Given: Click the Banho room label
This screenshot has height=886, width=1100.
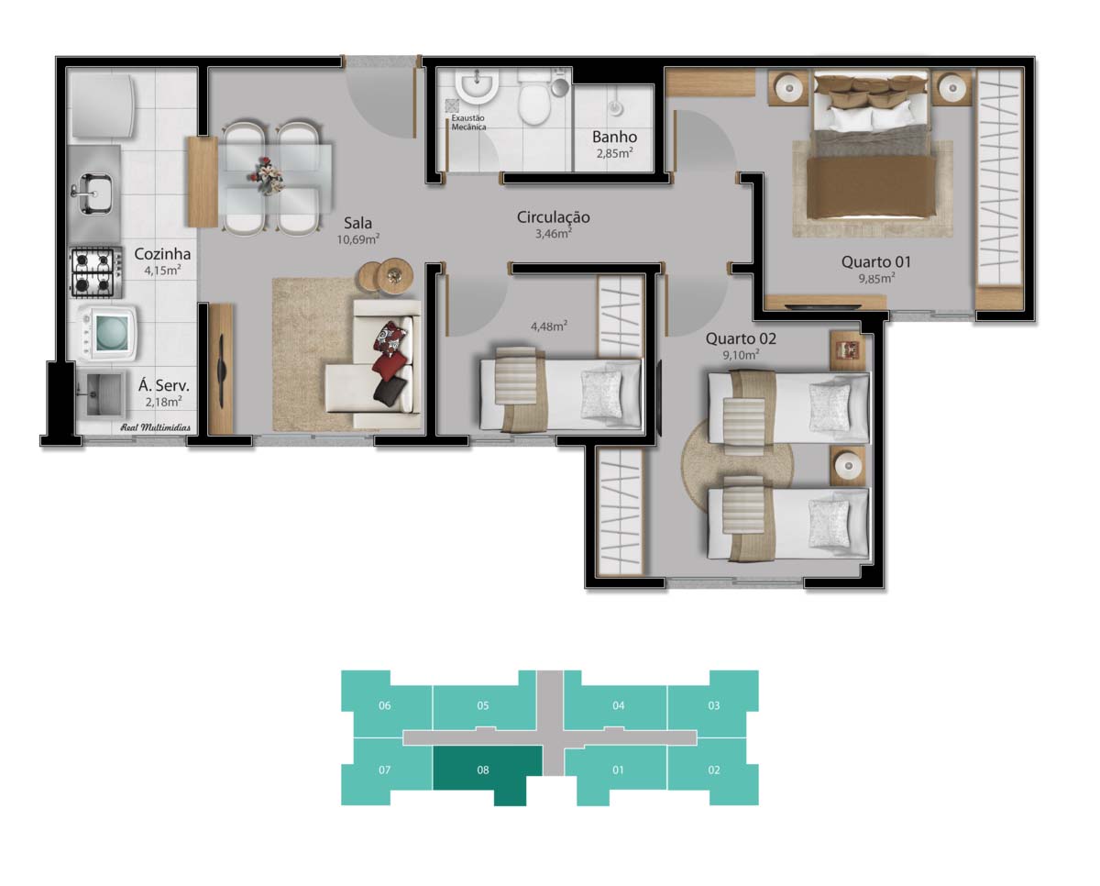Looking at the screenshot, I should pyautogui.click(x=614, y=138).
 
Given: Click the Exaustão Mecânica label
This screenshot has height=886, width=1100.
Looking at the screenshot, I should pyautogui.click(x=468, y=123).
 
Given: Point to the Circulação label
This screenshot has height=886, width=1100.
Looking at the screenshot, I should pyautogui.click(x=553, y=217).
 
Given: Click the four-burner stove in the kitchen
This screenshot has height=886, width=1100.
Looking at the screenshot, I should pyautogui.click(x=94, y=272).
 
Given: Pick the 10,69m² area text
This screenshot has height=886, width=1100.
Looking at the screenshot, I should pyautogui.click(x=358, y=239).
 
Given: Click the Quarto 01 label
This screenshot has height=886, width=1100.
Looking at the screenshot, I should pyautogui.click(x=876, y=262).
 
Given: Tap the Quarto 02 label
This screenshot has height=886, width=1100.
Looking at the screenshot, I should pyautogui.click(x=740, y=338).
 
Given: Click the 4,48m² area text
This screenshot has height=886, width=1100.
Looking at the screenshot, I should pyautogui.click(x=549, y=325).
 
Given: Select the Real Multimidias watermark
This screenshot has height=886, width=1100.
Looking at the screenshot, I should pyautogui.click(x=156, y=427).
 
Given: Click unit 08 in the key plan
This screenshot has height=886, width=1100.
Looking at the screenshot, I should pyautogui.click(x=483, y=770).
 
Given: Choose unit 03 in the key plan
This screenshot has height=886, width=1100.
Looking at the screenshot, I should pyautogui.click(x=714, y=705).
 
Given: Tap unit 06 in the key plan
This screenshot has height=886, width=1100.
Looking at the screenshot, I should pyautogui.click(x=385, y=705).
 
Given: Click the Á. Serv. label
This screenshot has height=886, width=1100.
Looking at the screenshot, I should pyautogui.click(x=163, y=386).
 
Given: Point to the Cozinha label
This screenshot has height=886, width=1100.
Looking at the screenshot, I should pyautogui.click(x=162, y=254).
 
